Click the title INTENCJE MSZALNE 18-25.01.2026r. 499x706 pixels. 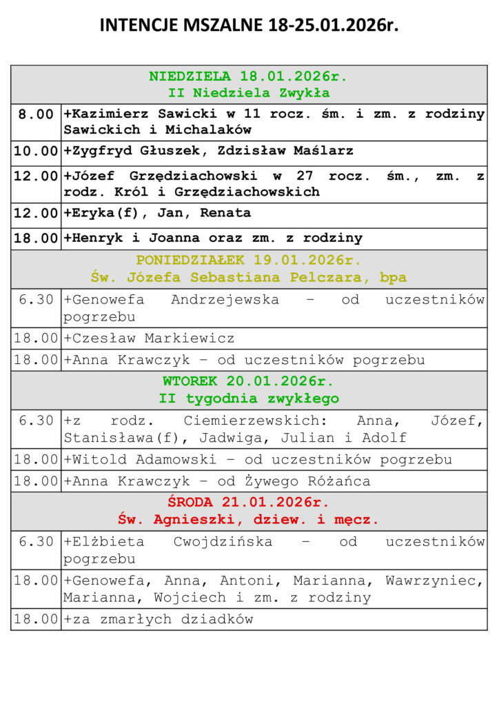pos(249,26)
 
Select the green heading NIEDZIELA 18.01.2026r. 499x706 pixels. pos(249,76)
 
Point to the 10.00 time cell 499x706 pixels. pos(36,150)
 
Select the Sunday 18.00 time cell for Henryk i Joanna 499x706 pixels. pos(36,239)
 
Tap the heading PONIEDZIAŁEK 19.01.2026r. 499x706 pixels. pos(249,261)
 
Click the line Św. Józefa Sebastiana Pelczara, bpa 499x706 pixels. pos(249,278)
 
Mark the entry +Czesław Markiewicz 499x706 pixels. pos(149,339)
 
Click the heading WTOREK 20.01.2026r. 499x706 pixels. pos(249,381)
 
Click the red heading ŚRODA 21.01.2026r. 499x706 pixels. pos(249,502)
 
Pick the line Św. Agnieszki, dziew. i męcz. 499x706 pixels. pos(249,519)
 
